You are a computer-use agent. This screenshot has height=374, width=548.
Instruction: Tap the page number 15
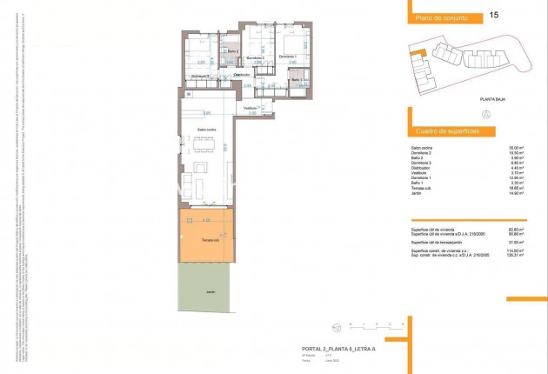point(495,15)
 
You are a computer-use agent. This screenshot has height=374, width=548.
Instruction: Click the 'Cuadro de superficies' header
point(442,131)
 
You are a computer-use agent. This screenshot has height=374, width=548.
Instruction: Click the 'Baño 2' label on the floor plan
point(232,51)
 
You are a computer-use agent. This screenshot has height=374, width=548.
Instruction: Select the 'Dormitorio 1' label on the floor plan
point(288,57)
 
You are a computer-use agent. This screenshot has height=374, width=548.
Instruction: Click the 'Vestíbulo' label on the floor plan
point(251,108)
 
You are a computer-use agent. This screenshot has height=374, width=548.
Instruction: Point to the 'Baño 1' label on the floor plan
point(296,79)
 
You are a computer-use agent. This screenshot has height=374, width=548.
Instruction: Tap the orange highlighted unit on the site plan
point(417,55)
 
